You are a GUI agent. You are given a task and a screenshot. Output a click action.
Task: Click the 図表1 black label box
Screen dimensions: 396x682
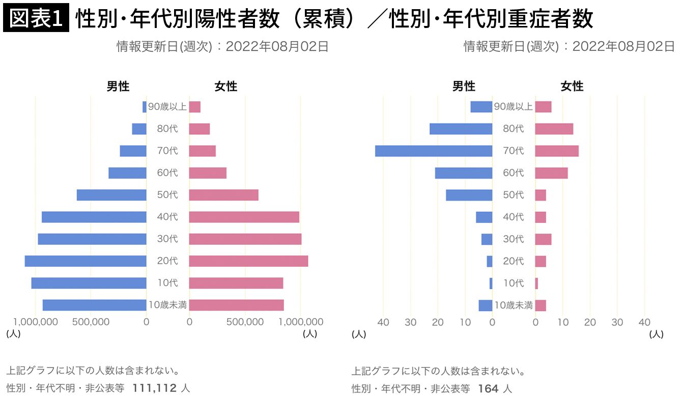pos(36,19)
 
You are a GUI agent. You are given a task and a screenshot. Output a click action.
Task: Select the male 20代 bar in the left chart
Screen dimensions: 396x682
pos(86,261)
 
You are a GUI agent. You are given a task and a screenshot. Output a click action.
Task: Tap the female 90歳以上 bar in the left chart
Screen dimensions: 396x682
pos(195,107)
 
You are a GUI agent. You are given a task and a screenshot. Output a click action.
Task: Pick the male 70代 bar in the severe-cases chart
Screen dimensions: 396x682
pos(434,151)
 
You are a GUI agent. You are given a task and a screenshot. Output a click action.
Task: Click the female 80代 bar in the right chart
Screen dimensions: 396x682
pos(554,129)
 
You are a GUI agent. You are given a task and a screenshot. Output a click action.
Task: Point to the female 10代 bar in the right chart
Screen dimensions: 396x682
pos(536,284)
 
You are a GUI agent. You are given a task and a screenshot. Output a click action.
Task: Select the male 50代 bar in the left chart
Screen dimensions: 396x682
pos(111,195)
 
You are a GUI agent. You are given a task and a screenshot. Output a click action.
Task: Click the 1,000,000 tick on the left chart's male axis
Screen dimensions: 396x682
pos(36,322)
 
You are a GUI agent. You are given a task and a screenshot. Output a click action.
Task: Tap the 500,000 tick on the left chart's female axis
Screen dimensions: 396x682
pos(245,322)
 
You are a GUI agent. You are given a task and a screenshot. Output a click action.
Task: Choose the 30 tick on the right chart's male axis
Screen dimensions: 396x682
pos(410,322)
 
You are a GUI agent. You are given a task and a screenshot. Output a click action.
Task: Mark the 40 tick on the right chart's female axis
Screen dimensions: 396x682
pos(644,322)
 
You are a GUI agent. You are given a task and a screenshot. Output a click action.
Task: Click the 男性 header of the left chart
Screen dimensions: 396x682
pos(118,87)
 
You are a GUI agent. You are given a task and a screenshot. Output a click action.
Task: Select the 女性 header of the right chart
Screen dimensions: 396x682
pos(572,87)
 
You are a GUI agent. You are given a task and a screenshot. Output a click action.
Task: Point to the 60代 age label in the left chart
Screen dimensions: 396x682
pos(167,173)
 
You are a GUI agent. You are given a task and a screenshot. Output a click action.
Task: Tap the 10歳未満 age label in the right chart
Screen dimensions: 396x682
pos(514,305)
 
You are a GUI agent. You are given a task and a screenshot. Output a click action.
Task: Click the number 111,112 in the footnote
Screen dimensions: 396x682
pos(154,388)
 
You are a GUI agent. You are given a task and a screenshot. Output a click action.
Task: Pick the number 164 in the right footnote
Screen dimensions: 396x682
pos(488,388)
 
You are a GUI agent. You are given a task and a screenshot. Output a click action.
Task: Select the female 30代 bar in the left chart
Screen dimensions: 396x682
pos(245,239)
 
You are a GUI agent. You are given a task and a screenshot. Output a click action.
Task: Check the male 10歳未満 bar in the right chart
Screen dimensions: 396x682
pos(486,305)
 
